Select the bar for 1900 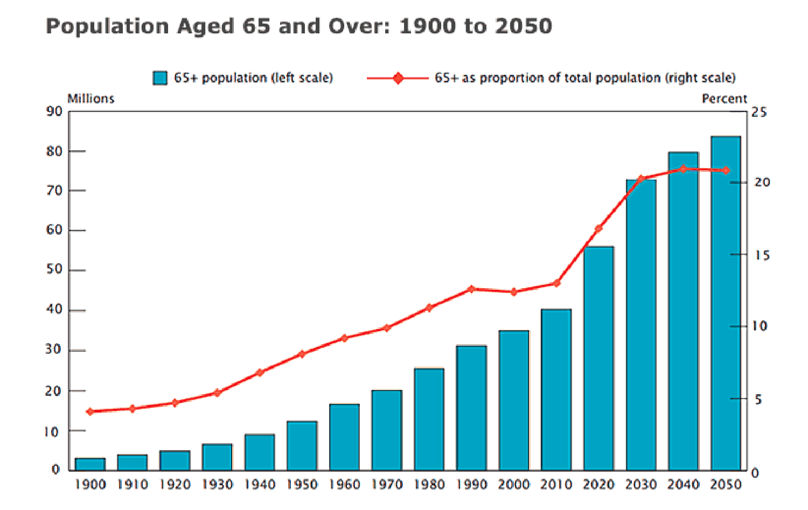[x=90, y=464]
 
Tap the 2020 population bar [x=598, y=358]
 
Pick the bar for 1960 [x=344, y=437]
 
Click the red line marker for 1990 [x=471, y=289]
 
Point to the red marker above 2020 [x=598, y=229]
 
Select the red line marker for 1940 [x=260, y=372]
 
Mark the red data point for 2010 [x=556, y=283]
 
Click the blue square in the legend [x=160, y=78]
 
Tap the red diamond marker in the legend [x=398, y=78]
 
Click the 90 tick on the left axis [x=54, y=111]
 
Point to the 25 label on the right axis [x=759, y=112]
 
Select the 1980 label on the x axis [x=429, y=485]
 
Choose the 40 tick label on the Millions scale [x=54, y=310]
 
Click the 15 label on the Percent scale [x=762, y=255]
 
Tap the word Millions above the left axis [x=91, y=99]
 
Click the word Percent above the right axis [x=724, y=99]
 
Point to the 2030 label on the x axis [x=641, y=485]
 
